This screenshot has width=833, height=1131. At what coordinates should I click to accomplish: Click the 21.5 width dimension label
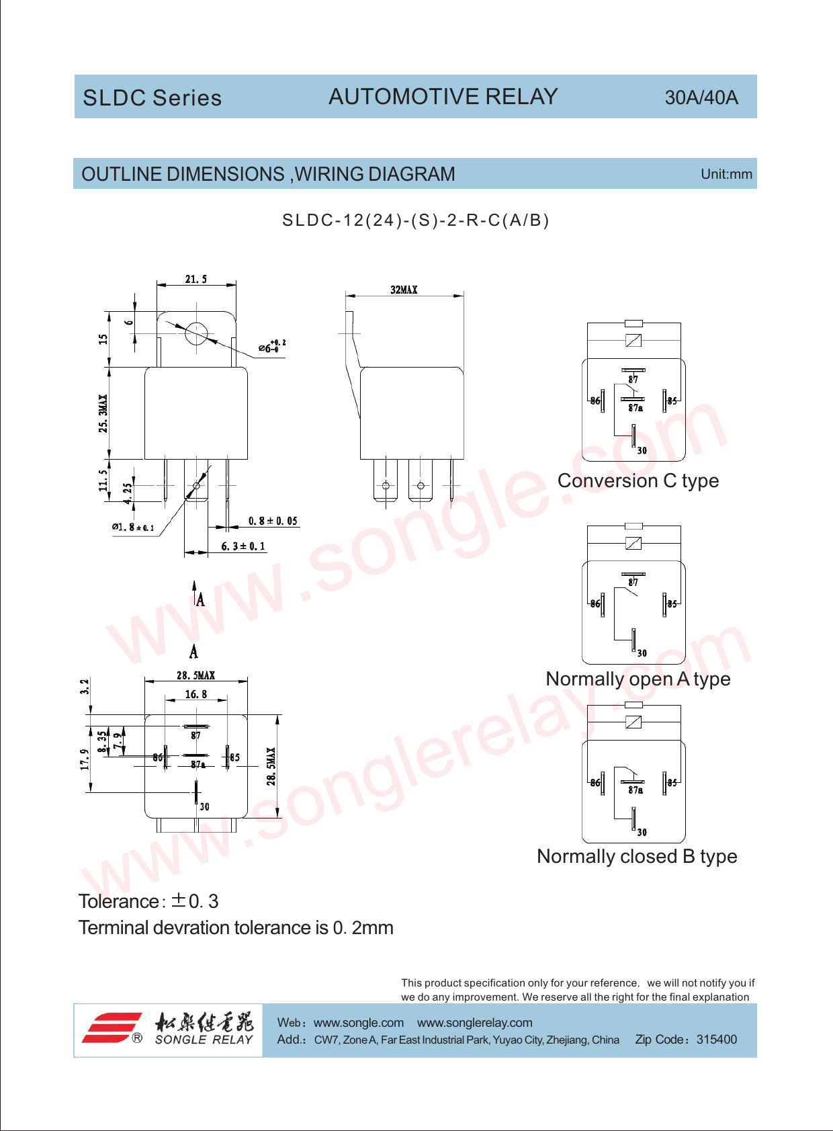196,279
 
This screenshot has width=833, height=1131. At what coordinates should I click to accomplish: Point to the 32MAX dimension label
404,290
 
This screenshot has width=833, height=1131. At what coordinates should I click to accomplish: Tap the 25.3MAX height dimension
103,413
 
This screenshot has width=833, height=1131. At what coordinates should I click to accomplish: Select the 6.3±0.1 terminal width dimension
243,546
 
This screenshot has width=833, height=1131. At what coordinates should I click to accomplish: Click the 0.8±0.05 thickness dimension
273,521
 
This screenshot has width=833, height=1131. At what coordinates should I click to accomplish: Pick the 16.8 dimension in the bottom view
196,695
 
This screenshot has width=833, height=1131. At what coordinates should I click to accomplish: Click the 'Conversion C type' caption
638,480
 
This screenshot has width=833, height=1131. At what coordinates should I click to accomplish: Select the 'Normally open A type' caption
638,679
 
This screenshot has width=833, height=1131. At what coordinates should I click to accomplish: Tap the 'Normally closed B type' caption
637,856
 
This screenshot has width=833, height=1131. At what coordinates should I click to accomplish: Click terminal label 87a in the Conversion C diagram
635,408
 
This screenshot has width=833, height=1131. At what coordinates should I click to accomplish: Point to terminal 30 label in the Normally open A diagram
642,653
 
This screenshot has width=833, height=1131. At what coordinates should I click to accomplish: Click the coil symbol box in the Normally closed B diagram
633,722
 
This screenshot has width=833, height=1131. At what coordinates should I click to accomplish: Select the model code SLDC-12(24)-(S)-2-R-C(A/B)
415,220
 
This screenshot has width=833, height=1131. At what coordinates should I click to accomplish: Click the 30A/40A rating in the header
701,97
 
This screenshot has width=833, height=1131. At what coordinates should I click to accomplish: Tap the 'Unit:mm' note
726,174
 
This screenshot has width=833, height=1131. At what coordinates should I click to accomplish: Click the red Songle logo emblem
113,1028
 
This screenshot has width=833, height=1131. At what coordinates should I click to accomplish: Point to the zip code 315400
717,1040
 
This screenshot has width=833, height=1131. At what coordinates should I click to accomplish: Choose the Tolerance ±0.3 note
148,902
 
